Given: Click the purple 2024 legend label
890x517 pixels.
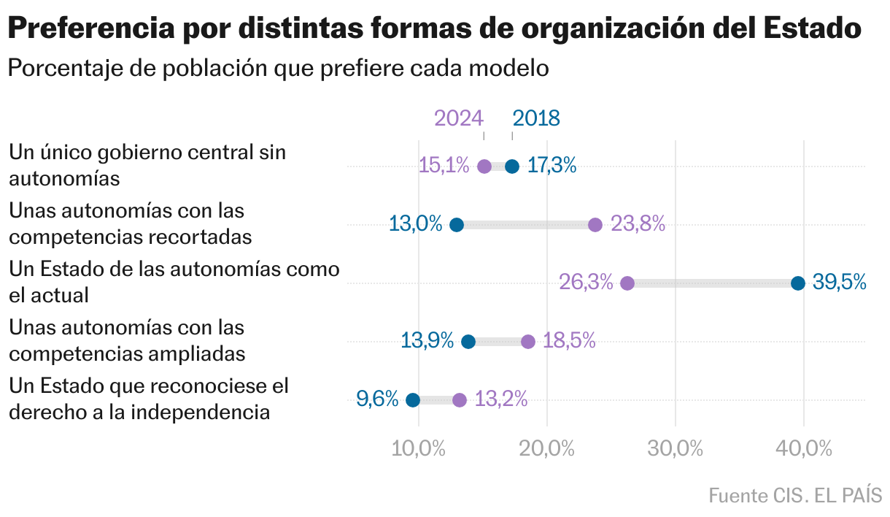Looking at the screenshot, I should click(458, 118).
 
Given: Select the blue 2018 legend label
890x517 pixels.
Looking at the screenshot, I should click(536, 118).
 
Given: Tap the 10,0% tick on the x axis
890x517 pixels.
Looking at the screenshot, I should click(419, 448).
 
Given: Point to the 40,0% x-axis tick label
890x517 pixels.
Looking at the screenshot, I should click(804, 448).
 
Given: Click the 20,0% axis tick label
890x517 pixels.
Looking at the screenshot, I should click(547, 448).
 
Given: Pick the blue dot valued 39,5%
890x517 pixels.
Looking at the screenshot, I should click(798, 283).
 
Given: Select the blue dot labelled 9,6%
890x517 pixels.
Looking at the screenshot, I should click(413, 400).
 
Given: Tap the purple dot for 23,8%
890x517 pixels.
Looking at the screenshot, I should click(595, 225).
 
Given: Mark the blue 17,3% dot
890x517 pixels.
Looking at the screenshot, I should click(512, 166).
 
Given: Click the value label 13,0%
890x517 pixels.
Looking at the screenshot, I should click(416, 224).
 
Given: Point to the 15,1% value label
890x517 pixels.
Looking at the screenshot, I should click(444, 166).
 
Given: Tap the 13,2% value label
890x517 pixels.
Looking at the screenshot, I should click(501, 399).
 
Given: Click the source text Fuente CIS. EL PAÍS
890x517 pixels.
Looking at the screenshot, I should click(795, 495).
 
